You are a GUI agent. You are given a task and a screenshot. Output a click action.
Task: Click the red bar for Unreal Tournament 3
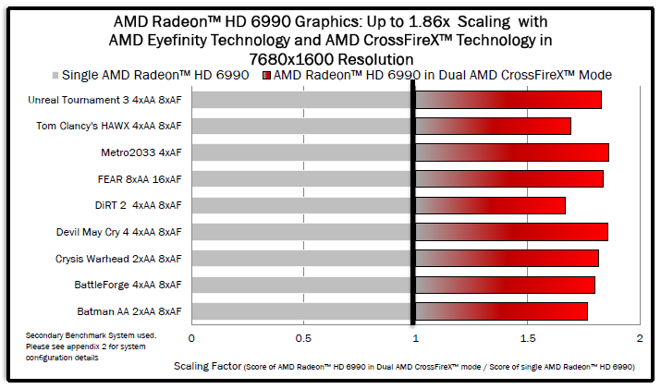click(x=508, y=100)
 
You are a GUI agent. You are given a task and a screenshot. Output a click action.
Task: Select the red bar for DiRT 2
click(x=490, y=205)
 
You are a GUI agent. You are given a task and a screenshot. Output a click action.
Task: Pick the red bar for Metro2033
click(x=512, y=152)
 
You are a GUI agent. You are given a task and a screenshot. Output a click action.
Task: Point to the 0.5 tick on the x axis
click(x=302, y=339)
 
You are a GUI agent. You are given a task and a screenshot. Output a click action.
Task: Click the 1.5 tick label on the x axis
click(x=527, y=339)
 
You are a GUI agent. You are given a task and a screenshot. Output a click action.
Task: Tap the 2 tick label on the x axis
click(x=639, y=339)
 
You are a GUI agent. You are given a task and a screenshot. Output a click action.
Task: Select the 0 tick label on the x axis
click(x=191, y=339)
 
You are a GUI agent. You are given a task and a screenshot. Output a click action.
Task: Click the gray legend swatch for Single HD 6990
click(x=55, y=75)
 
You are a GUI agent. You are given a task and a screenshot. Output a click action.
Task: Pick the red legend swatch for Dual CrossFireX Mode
click(x=267, y=75)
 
